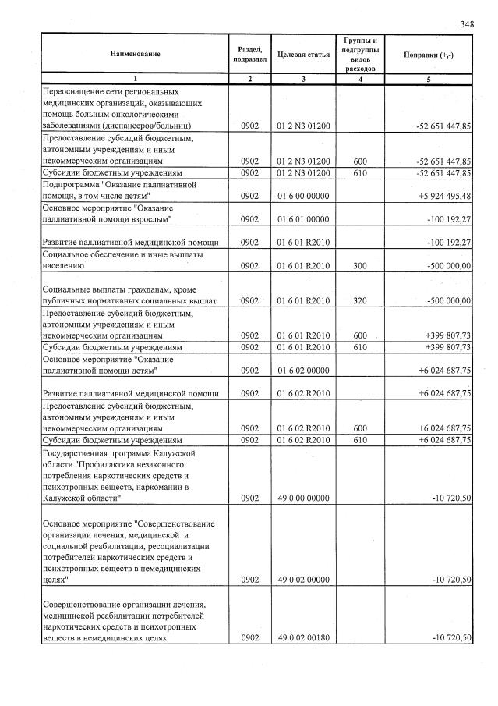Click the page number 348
tap(467, 24)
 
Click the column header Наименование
tap(135, 54)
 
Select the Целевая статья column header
tap(303, 55)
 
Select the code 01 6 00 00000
tap(303, 196)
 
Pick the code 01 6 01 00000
tap(303, 219)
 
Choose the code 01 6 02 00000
tap(303, 371)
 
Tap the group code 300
tap(359, 266)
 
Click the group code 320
tap(359, 300)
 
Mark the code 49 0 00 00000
tap(303, 497)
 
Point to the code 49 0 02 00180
tap(303, 638)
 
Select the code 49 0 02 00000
tap(303, 580)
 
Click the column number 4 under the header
tap(359, 79)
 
